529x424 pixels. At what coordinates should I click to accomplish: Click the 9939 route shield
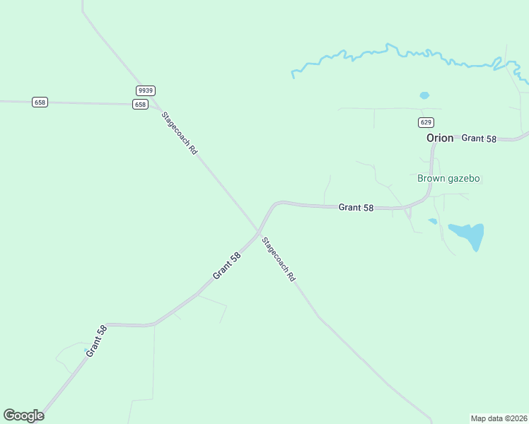(x=146, y=90)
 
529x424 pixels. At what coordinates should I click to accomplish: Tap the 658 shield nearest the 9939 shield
(x=140, y=105)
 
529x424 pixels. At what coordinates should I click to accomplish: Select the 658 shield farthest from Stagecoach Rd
(x=40, y=102)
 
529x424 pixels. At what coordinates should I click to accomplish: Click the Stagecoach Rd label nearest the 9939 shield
(x=179, y=134)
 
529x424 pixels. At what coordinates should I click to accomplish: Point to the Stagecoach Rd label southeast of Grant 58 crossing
(x=279, y=260)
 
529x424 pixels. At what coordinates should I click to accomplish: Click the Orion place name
(x=440, y=139)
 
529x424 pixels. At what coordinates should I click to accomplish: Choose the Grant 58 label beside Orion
(x=479, y=139)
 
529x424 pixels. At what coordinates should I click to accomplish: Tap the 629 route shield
(x=426, y=122)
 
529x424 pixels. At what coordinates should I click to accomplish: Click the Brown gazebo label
(x=448, y=178)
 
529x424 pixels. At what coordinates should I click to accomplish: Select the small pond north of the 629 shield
(x=424, y=95)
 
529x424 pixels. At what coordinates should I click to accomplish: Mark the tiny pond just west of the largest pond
(x=432, y=221)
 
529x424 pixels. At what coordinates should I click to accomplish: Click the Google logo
(x=23, y=416)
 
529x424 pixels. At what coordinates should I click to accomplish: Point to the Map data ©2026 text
(x=499, y=418)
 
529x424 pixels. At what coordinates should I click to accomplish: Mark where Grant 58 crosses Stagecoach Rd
(x=258, y=231)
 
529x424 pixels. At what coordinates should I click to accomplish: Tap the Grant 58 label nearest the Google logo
(x=97, y=341)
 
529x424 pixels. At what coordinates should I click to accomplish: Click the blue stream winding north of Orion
(x=396, y=52)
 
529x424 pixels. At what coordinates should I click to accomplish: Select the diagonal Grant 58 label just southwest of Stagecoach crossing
(x=227, y=265)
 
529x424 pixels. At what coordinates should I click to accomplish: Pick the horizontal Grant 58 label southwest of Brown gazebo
(x=356, y=208)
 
